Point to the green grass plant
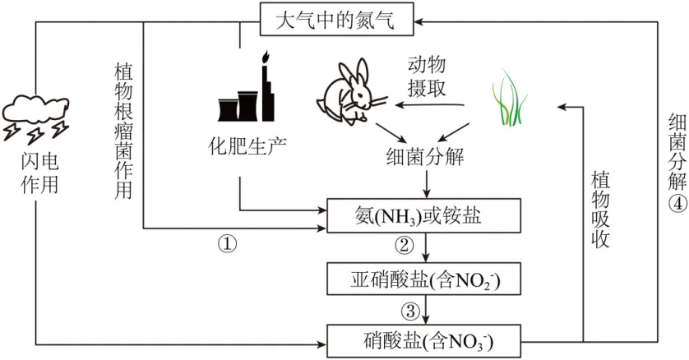(x=511, y=99)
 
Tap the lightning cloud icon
(x=37, y=115)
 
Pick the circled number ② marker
(x=404, y=244)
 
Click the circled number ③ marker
(x=409, y=311)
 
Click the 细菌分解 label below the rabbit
(x=424, y=156)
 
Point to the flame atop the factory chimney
(x=265, y=58)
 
